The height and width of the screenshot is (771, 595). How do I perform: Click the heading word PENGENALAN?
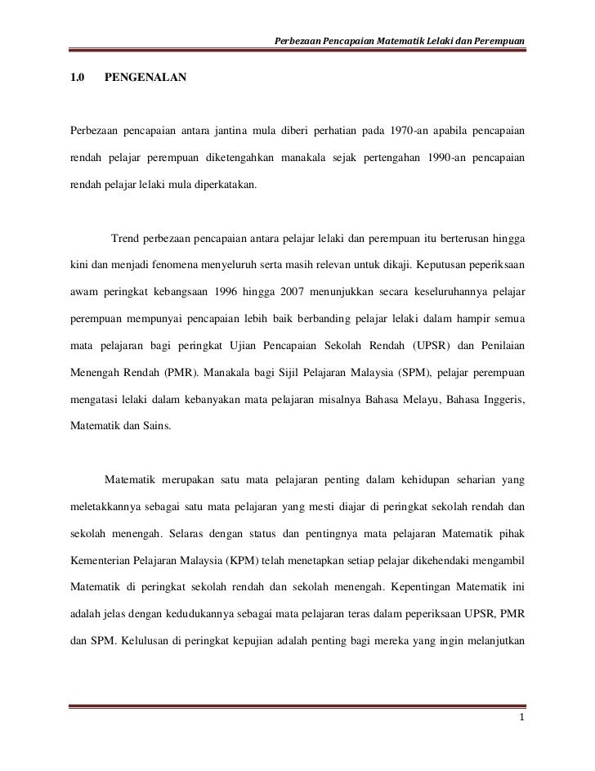pos(145,78)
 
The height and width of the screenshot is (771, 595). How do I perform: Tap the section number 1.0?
pos(78,78)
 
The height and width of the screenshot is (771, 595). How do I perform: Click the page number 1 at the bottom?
pos(521,718)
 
